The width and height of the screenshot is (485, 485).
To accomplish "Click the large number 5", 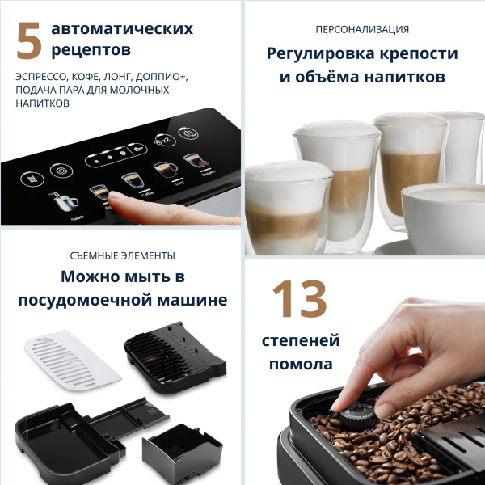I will coord(29,40).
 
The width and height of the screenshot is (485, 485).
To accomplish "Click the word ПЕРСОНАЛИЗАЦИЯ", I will coord(362,29).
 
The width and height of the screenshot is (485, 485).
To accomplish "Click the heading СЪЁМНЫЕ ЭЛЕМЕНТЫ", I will coord(122,255).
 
